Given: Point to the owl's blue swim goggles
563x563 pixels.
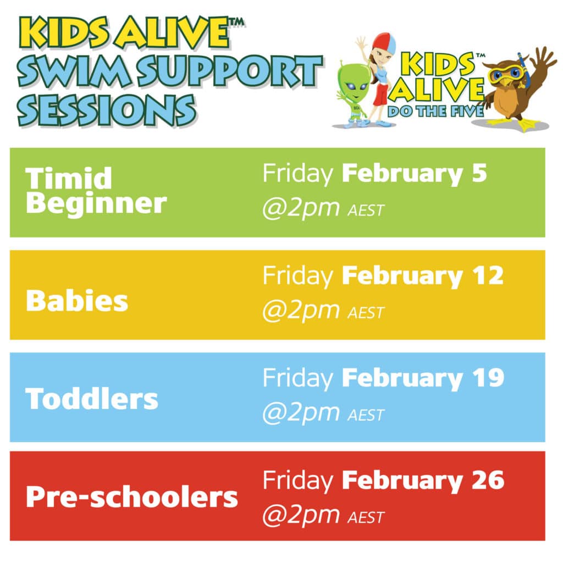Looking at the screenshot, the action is coord(506,74).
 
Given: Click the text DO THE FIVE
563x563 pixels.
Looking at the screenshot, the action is coord(435,111).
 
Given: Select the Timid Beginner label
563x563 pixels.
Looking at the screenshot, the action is coord(96,191).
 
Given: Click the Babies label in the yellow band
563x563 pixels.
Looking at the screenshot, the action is coord(77,301).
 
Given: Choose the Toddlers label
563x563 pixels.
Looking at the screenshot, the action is coord(92,399).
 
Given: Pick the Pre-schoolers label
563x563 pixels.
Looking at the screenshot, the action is coord(132,496).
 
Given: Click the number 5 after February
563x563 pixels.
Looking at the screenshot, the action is coord(479,173).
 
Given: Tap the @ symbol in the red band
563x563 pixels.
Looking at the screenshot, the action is coord(274,516).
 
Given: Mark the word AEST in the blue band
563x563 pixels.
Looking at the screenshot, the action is coord(366,416).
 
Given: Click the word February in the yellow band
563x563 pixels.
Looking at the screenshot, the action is coord(402,277).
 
